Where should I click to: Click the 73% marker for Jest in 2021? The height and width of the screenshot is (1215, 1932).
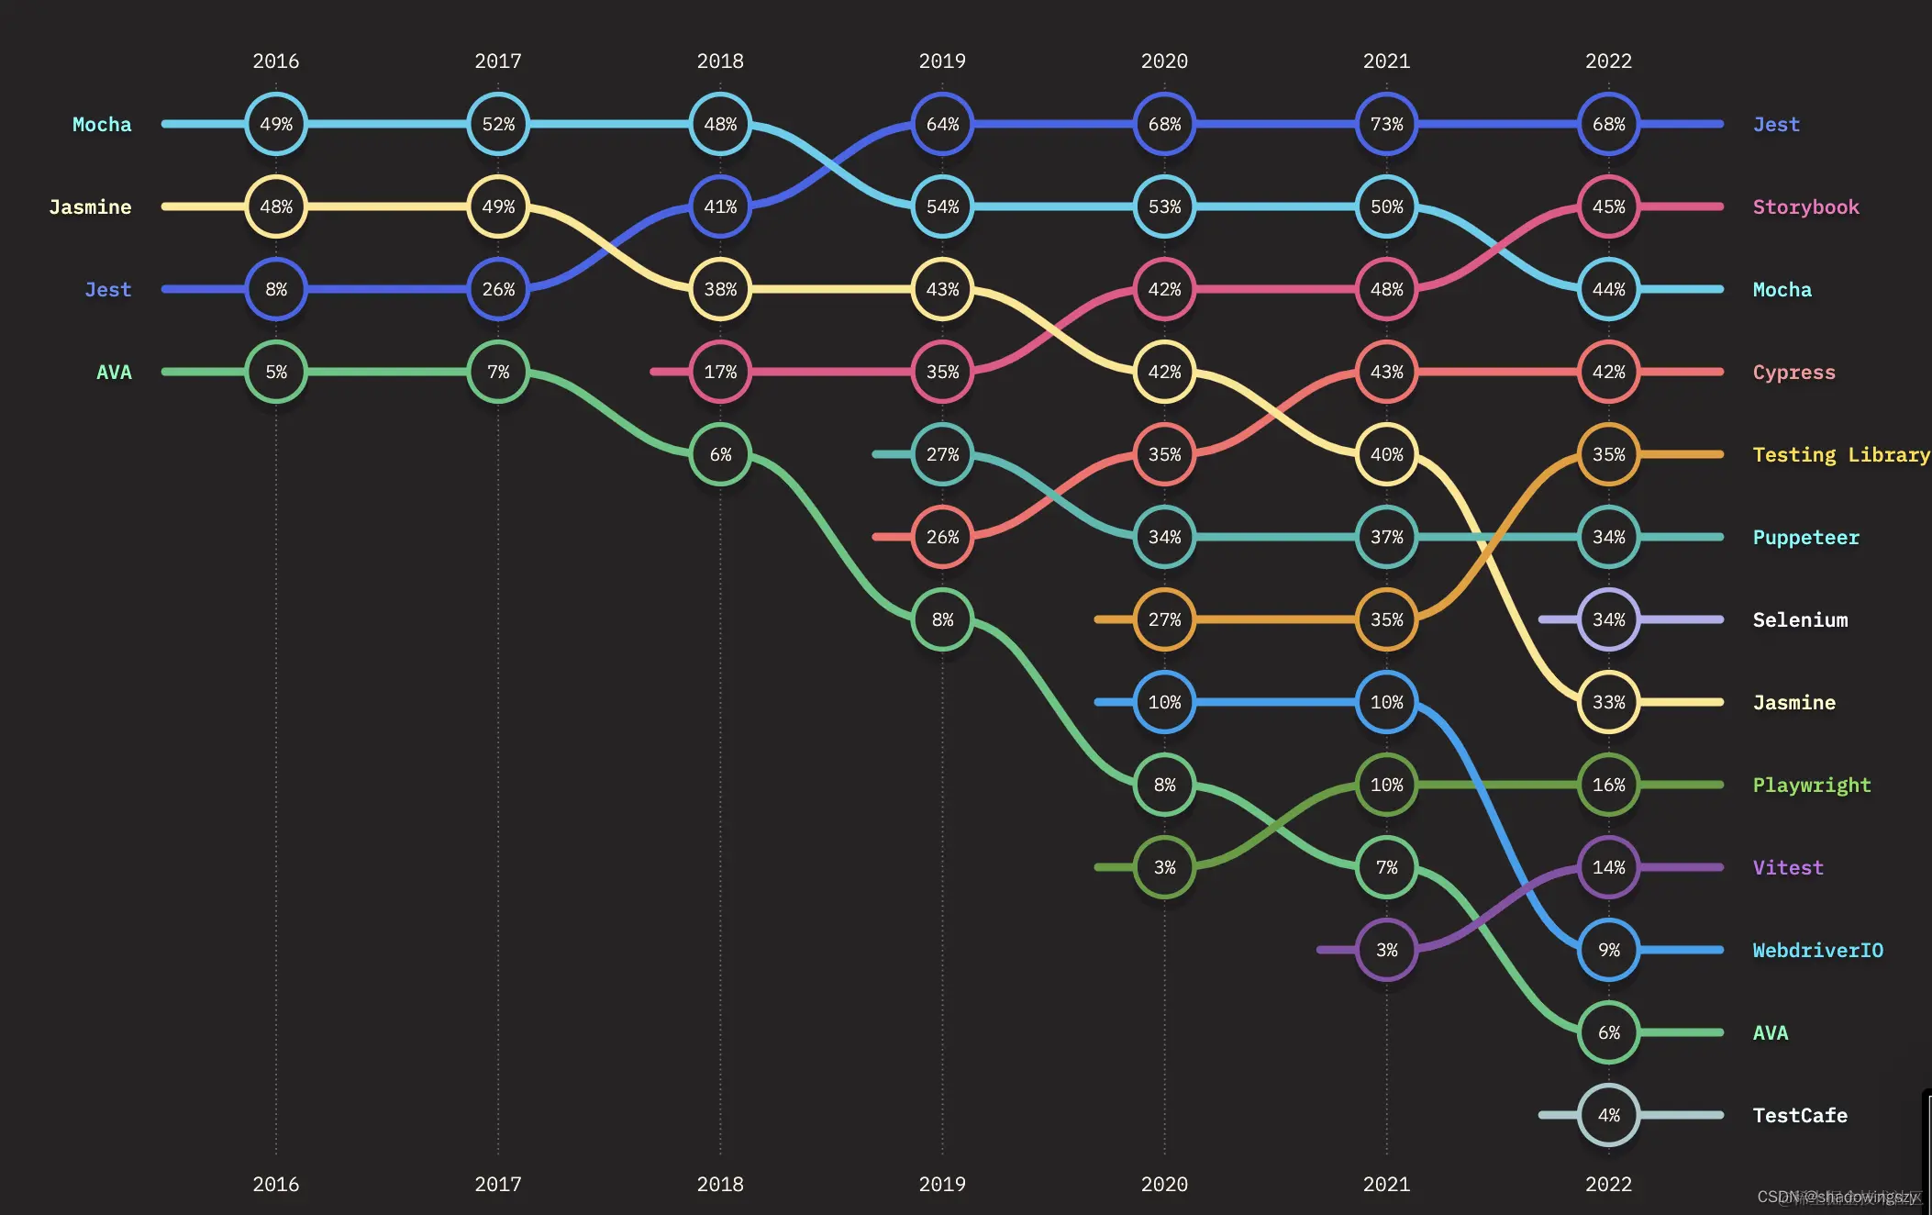point(1386,124)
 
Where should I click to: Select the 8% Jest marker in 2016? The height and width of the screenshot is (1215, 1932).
point(276,289)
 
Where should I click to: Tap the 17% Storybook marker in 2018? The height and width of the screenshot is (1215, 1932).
point(720,372)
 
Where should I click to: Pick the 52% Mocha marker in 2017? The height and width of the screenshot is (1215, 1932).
point(498,124)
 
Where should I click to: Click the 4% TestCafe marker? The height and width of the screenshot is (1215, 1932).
point(1608,1115)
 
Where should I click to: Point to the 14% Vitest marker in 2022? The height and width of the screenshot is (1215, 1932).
point(1608,867)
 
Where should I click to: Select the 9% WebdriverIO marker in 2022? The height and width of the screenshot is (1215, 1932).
point(1608,950)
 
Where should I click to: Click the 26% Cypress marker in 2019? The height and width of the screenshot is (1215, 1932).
point(942,537)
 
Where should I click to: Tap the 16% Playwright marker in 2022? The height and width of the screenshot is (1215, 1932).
point(1608,785)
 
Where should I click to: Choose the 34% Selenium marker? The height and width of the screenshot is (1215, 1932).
point(1608,619)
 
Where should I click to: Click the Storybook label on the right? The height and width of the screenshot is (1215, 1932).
point(1805,206)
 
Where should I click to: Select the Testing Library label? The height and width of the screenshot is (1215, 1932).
point(1840,454)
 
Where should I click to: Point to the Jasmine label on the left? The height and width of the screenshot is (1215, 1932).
point(90,206)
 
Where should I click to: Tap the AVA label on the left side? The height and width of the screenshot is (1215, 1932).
point(114,372)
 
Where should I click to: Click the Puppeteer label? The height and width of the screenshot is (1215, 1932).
point(1805,537)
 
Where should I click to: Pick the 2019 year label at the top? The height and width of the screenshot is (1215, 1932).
point(942,61)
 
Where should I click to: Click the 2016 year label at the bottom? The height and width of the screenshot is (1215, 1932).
point(276,1184)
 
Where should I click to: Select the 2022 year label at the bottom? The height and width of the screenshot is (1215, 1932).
point(1608,1184)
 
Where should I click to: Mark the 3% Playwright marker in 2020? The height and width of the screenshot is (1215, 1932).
point(1164,867)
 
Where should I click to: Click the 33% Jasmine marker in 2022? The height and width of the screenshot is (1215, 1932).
point(1608,702)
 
